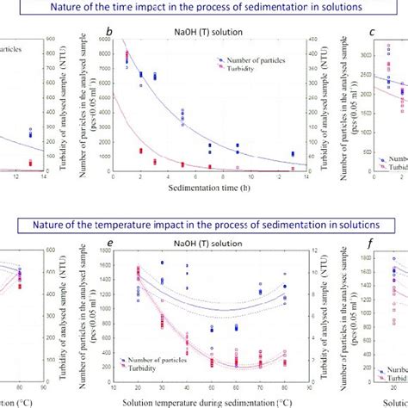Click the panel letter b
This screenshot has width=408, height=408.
coord(109,33)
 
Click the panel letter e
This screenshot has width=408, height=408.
coord(109,243)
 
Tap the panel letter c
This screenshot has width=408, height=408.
coord(371,33)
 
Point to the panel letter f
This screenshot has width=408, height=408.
coord(371,243)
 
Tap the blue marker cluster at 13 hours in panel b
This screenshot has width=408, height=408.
coord(293,154)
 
